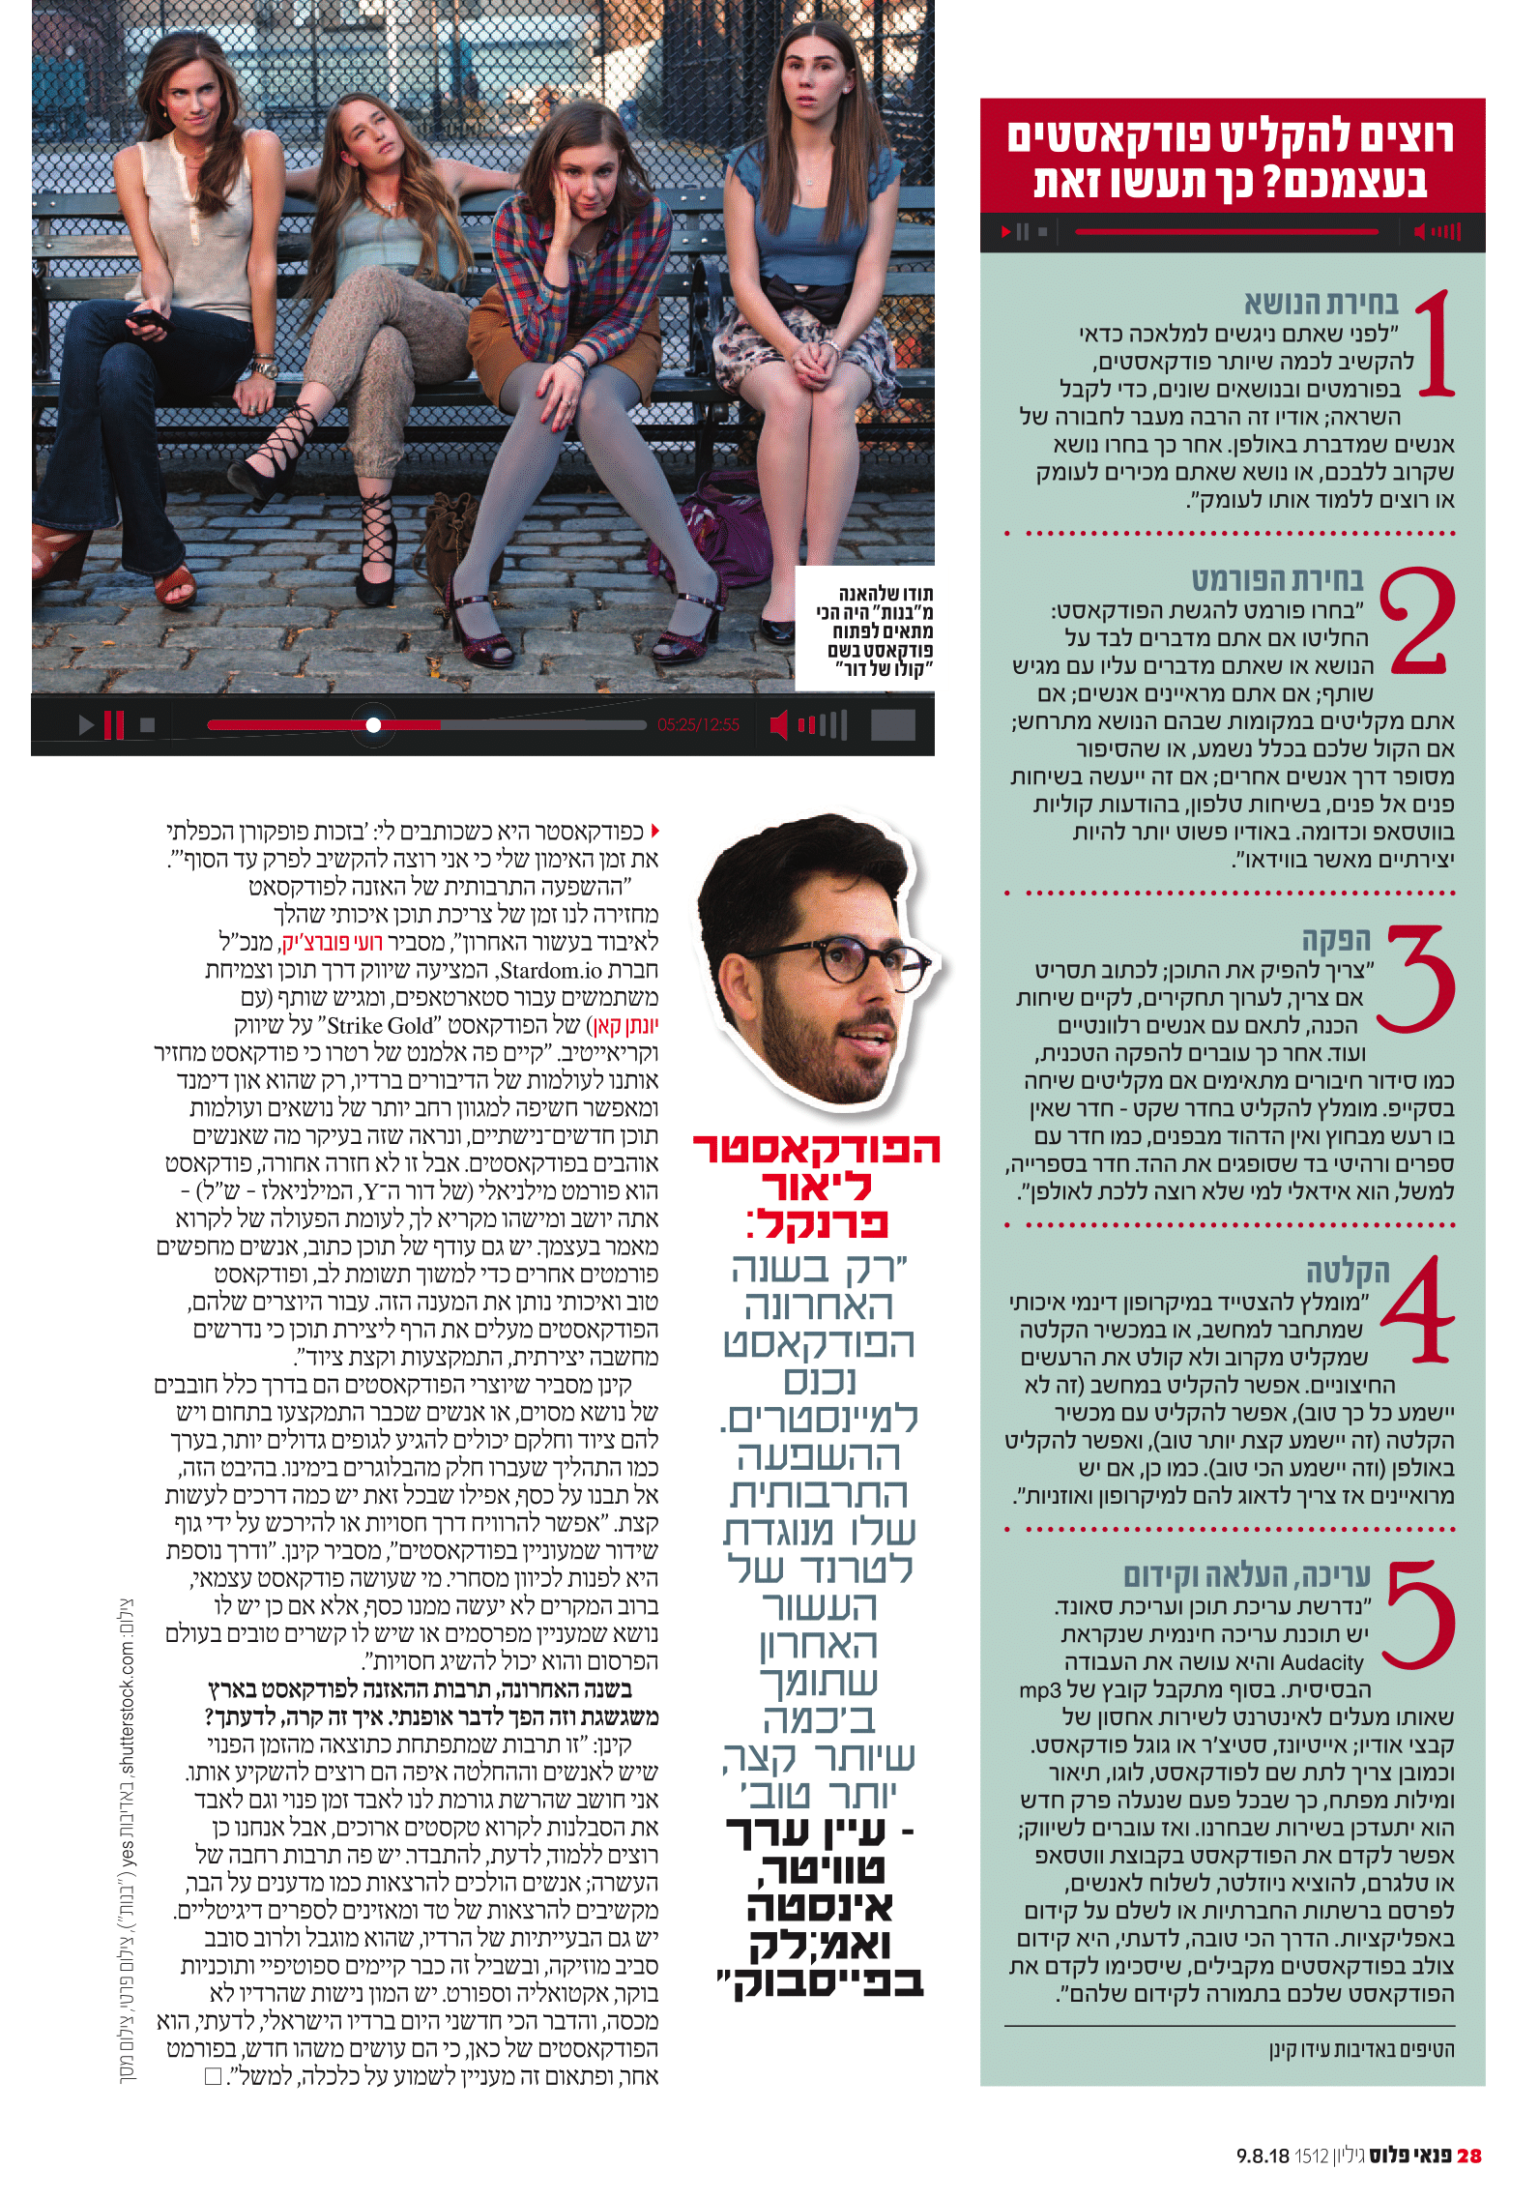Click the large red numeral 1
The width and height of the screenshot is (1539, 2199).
1436,344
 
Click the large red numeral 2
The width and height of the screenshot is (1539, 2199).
1416,622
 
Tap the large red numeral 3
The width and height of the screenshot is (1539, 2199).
1416,978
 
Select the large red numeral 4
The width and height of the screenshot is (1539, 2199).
1418,1310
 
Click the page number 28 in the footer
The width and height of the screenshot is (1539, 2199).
1468,2155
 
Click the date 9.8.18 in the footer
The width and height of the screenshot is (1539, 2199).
1263,2155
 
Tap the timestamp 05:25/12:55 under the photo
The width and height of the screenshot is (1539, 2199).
698,724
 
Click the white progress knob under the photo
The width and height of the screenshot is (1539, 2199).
373,724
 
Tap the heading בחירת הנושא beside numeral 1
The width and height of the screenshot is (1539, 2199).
1321,304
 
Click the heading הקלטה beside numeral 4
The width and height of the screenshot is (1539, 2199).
1348,1271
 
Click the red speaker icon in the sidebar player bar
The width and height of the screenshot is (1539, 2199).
1420,232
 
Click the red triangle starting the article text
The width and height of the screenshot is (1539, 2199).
654,831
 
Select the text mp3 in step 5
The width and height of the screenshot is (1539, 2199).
1040,1690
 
